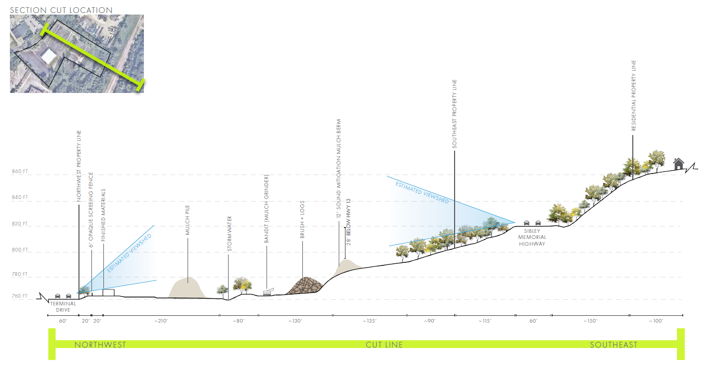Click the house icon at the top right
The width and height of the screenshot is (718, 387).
point(678,164)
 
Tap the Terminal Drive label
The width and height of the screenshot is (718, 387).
point(63,306)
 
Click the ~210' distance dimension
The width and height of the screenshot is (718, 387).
point(161,321)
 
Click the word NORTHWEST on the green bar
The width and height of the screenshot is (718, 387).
point(100,344)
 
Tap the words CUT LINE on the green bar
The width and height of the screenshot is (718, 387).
point(384,344)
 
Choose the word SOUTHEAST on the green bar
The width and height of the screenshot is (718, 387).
point(613,344)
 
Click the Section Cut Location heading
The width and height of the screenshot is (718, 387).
point(61,10)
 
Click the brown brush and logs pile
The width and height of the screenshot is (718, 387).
point(305,287)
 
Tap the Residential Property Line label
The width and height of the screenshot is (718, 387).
point(634,96)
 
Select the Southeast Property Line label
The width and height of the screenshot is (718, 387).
point(455,114)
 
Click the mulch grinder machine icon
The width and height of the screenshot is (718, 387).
point(268,292)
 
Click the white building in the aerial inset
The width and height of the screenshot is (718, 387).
point(51,56)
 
